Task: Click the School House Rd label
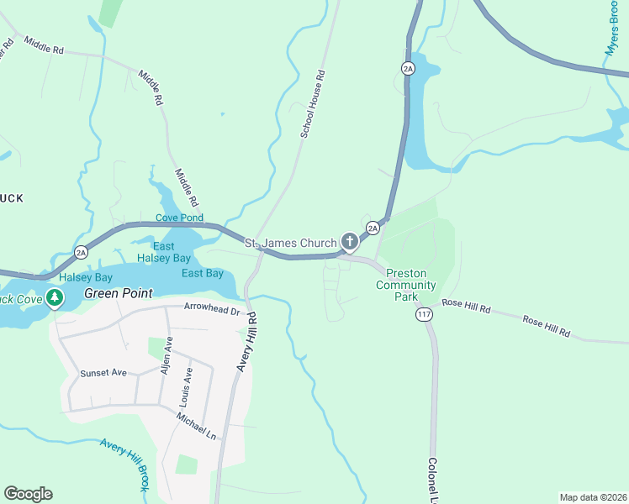pyautogui.click(x=313, y=105)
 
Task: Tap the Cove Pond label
pyautogui.click(x=179, y=218)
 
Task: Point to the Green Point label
pyautogui.click(x=119, y=293)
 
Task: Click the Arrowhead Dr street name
pyautogui.click(x=212, y=308)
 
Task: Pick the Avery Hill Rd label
pyautogui.click(x=246, y=342)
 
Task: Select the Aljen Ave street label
pyautogui.click(x=167, y=357)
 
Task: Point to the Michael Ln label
pyautogui.click(x=196, y=424)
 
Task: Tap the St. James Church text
pyautogui.click(x=289, y=243)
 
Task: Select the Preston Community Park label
pyautogui.click(x=400, y=285)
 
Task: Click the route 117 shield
pyautogui.click(x=423, y=314)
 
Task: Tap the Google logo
pyautogui.click(x=28, y=494)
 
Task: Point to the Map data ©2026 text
pyautogui.click(x=593, y=497)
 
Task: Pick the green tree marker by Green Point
pyautogui.click(x=55, y=297)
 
